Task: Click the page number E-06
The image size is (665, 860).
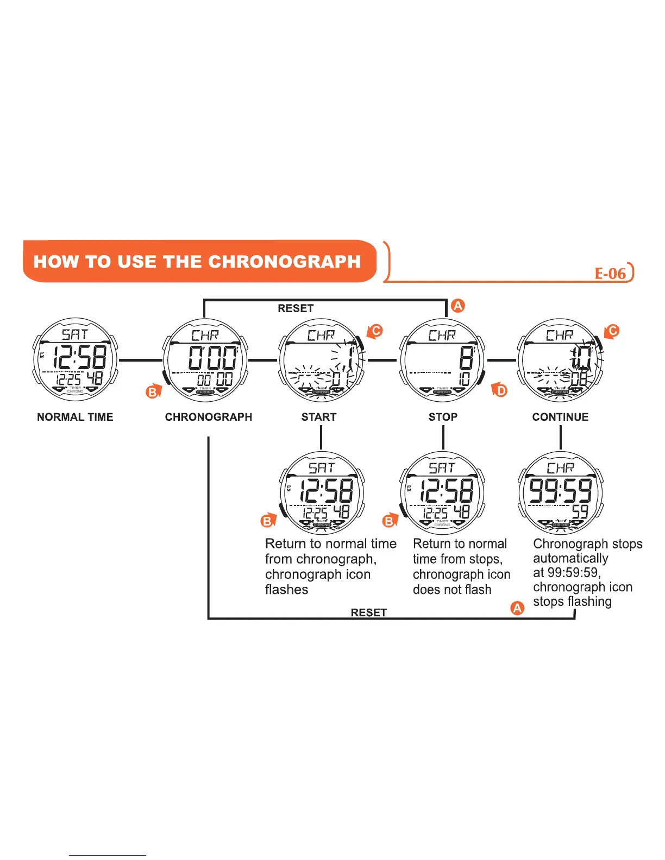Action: [x=610, y=273]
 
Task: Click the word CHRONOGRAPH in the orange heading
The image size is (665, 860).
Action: [x=284, y=262]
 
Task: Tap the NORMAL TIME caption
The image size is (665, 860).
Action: [x=75, y=417]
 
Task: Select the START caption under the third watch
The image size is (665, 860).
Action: [x=319, y=417]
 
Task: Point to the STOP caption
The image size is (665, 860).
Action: [x=443, y=417]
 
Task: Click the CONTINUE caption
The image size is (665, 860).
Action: [x=560, y=417]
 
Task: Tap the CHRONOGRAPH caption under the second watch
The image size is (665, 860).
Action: [x=209, y=417]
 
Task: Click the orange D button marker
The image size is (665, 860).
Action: [x=501, y=390]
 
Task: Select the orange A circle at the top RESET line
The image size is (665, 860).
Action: [x=459, y=306]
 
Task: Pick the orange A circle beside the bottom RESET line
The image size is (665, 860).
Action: [x=518, y=608]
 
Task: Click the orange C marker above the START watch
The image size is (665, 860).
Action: [x=375, y=331]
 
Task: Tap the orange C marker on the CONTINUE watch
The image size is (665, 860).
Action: [x=613, y=331]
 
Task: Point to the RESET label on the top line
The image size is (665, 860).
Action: [x=296, y=308]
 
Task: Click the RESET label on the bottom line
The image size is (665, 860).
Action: [x=368, y=612]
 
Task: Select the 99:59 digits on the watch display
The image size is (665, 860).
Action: [x=560, y=491]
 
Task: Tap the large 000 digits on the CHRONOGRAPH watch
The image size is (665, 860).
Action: [x=212, y=358]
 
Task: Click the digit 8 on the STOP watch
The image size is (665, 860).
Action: [x=466, y=358]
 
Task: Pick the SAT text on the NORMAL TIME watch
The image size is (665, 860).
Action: [x=75, y=334]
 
